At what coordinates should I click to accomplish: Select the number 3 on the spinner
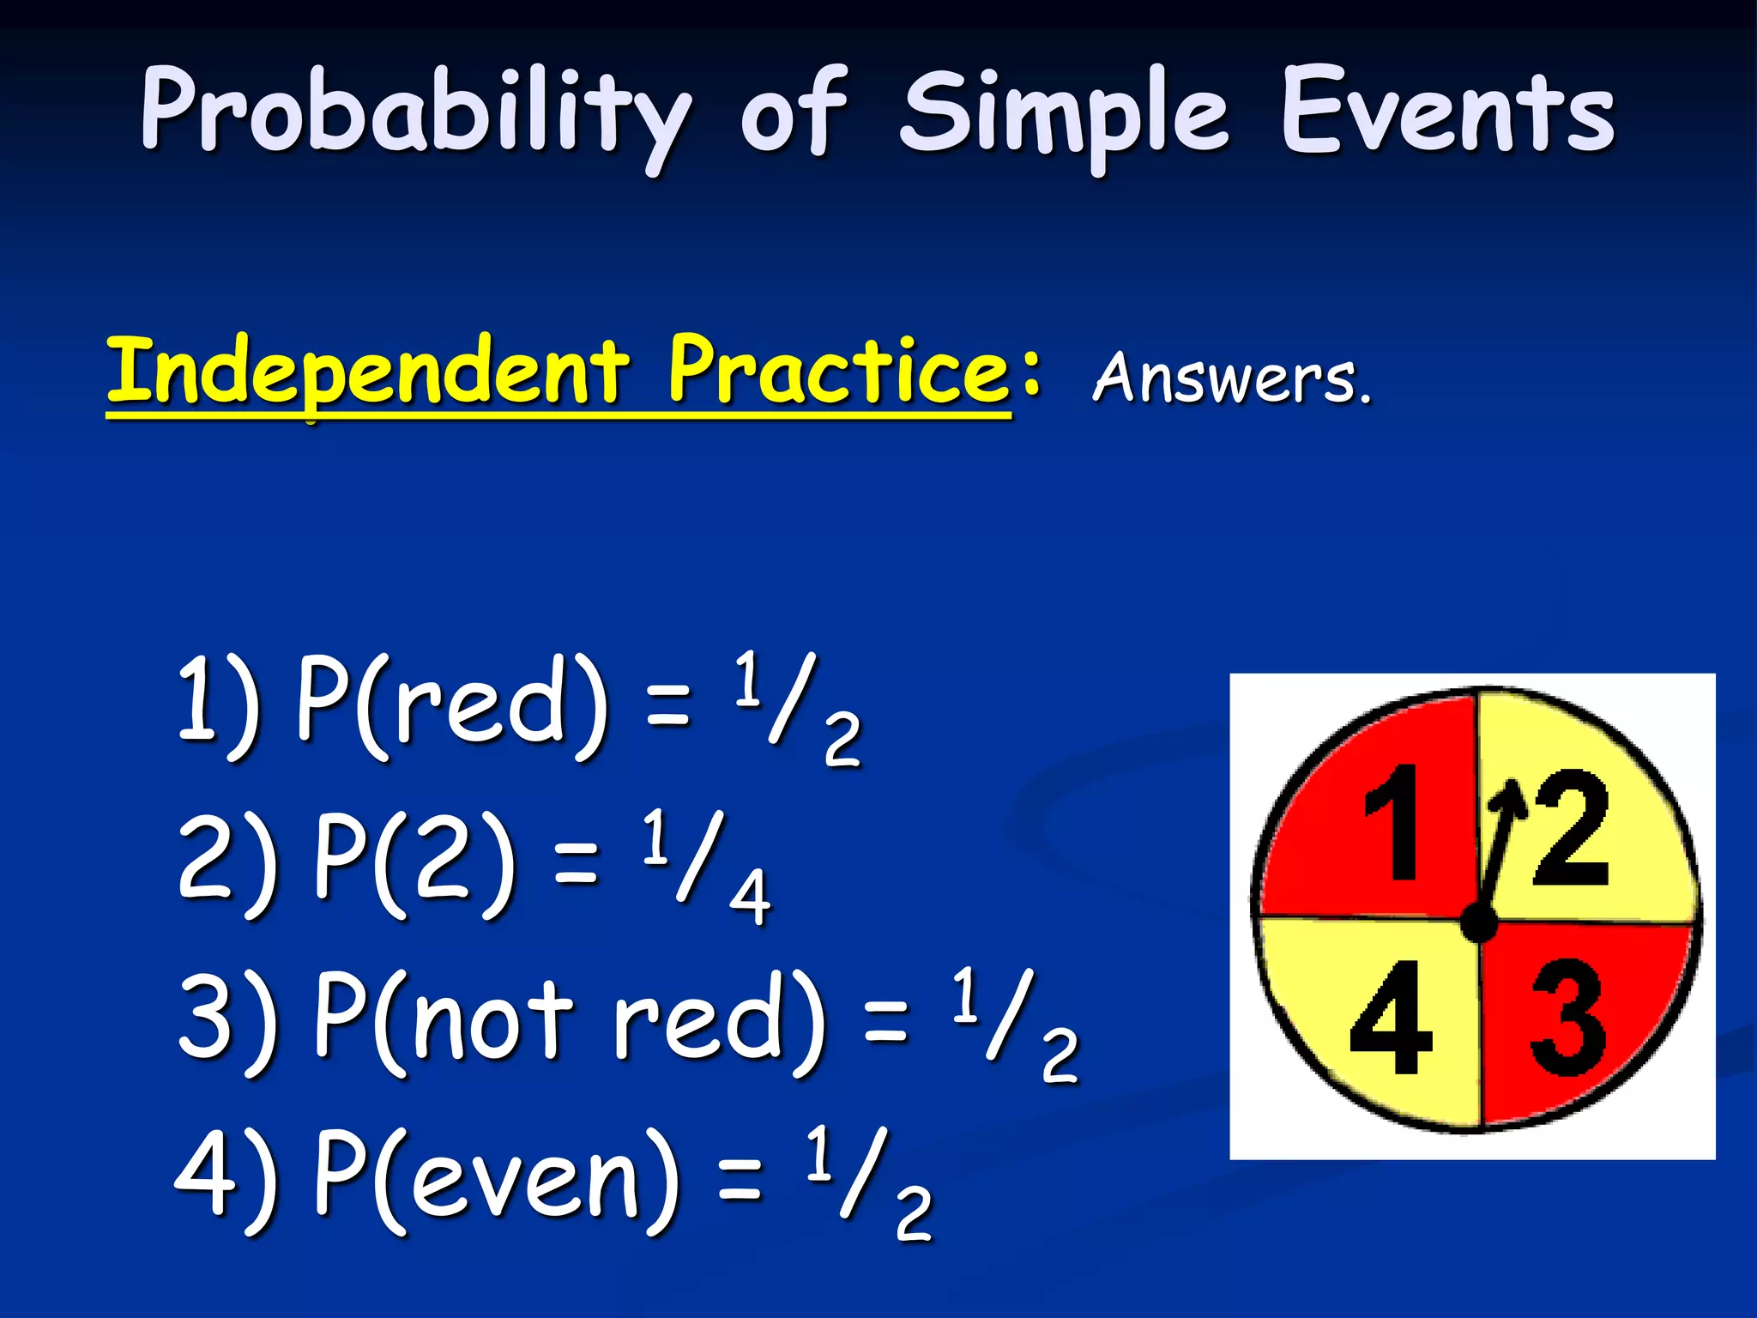(1567, 1018)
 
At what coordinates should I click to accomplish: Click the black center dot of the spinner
(1478, 925)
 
